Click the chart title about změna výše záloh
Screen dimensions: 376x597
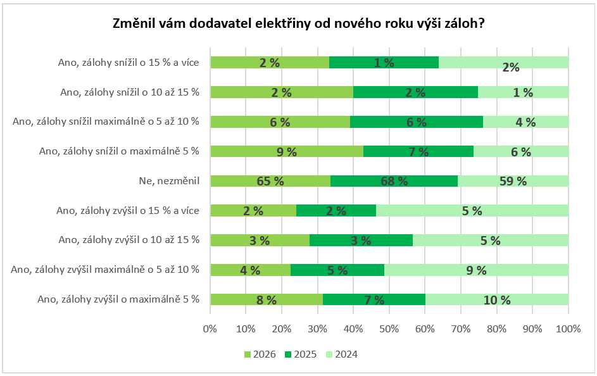tap(298, 23)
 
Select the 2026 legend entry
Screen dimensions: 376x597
tap(258, 354)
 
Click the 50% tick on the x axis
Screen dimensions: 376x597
tap(389, 329)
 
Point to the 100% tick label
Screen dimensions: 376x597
tap(568, 329)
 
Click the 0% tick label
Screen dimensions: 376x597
tap(210, 329)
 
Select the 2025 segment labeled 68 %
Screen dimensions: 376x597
tap(394, 181)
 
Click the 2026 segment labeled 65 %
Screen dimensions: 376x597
tap(270, 181)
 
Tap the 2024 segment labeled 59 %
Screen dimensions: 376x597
tap(513, 181)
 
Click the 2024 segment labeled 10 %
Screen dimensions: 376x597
tap(497, 300)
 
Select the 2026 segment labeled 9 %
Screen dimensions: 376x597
tap(286, 151)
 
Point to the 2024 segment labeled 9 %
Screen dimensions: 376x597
tap(476, 270)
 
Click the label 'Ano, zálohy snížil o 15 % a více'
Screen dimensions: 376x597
tap(128, 62)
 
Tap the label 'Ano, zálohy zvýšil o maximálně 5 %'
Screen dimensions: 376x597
tap(118, 299)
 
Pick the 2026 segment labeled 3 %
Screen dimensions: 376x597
tap(260, 241)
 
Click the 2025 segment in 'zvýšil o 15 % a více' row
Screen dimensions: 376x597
tap(336, 211)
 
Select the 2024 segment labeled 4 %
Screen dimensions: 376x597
tap(525, 122)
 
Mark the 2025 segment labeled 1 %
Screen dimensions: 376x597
tap(384, 62)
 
